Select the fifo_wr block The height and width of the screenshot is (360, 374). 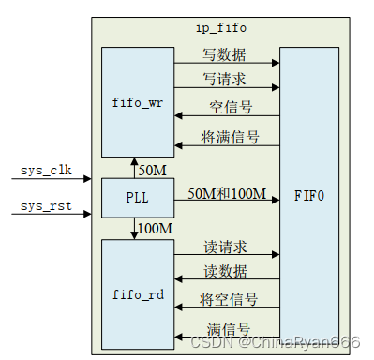tap(138, 100)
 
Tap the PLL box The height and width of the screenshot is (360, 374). tap(138, 199)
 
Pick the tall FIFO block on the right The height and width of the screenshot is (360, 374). tap(308, 199)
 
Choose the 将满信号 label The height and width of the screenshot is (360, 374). tap(230, 137)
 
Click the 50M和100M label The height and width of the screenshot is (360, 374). tap(227, 194)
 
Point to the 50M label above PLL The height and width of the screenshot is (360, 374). tap(152, 170)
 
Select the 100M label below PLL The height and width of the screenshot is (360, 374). tap(156, 228)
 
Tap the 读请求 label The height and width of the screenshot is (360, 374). tap(225, 247)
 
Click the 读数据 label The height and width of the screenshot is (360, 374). tap(225, 271)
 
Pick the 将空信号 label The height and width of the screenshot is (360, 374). tap(230, 299)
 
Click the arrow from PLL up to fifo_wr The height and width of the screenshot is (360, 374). tap(133, 169)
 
